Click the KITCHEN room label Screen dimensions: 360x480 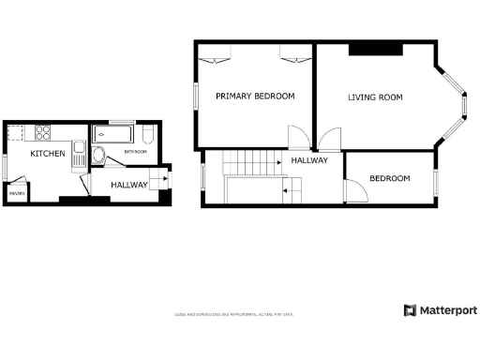tap(47, 153)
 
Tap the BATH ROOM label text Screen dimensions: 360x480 tap(134, 151)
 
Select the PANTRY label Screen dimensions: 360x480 tap(16, 194)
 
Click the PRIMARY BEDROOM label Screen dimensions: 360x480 tap(255, 96)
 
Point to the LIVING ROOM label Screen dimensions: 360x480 tap(375, 97)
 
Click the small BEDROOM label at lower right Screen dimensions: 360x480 tap(389, 178)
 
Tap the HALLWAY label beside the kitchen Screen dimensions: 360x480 tap(129, 185)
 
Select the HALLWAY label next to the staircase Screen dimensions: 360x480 tap(309, 160)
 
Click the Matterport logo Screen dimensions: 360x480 tap(440, 310)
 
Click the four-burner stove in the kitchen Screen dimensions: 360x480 tap(42, 130)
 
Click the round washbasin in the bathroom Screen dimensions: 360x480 tap(99, 156)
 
